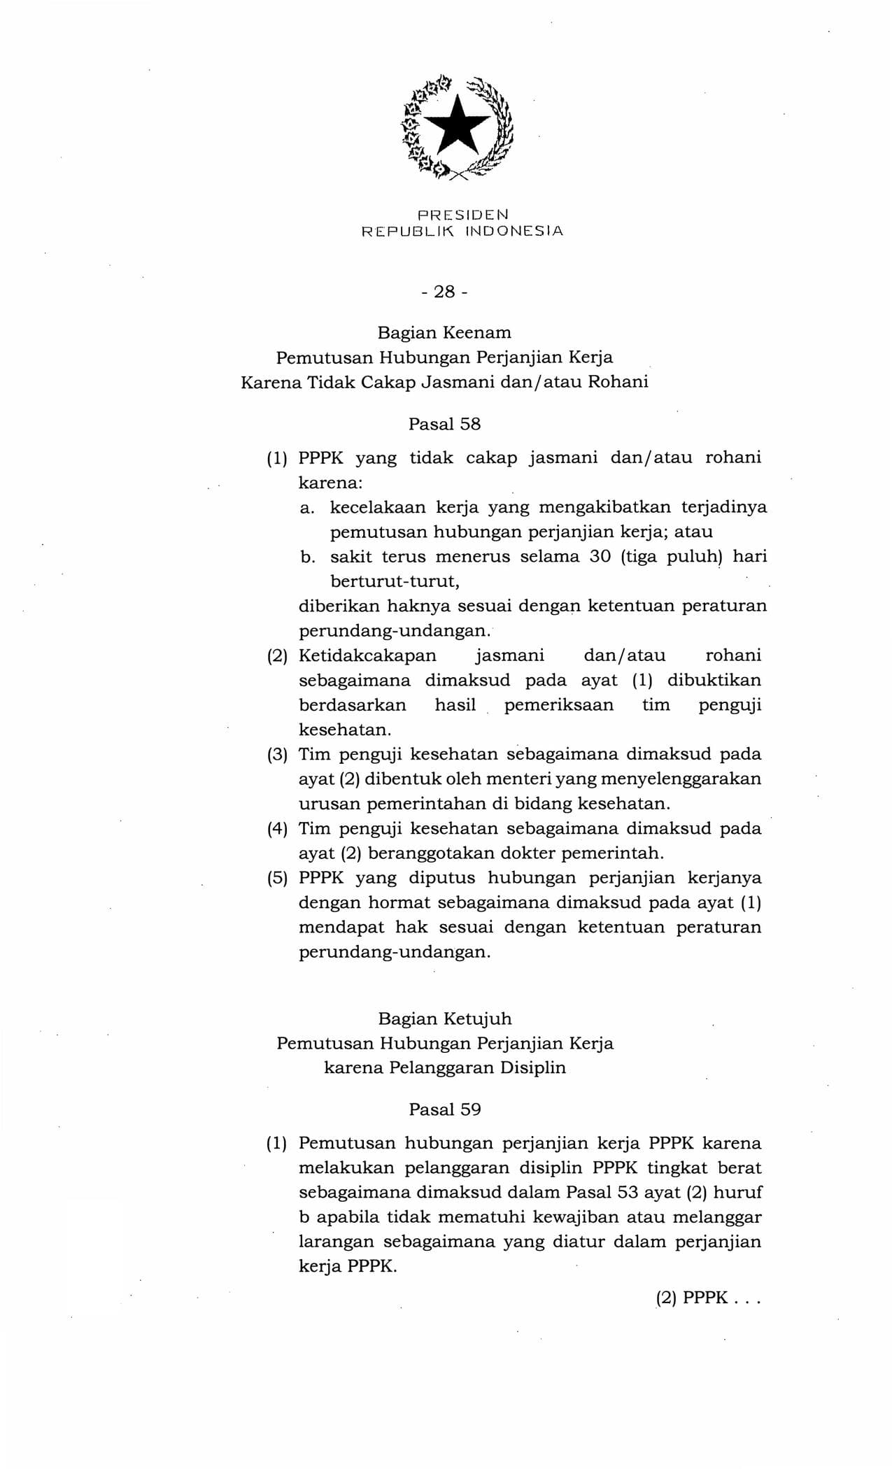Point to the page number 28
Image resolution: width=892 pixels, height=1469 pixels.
444,292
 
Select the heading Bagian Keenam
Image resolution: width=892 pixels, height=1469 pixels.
444,332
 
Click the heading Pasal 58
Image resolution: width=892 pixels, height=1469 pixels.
444,424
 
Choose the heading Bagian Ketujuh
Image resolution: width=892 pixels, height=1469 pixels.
444,1019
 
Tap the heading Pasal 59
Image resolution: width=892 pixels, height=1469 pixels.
444,1109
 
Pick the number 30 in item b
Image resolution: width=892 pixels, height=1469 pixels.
601,557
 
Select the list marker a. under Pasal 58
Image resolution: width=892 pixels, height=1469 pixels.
306,508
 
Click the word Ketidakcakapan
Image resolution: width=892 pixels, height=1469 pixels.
367,656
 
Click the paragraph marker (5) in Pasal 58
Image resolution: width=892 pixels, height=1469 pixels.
278,878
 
